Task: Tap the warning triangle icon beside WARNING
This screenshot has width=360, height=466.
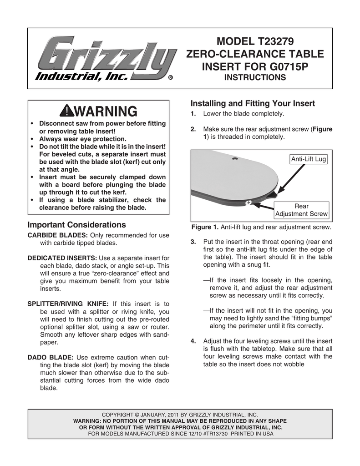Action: tap(65, 111)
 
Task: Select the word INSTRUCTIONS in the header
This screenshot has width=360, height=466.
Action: tap(255, 78)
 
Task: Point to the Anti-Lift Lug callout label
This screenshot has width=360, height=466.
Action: tap(309, 159)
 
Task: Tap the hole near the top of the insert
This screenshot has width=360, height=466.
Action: tap(234, 159)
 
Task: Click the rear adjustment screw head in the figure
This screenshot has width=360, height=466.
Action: tap(248, 202)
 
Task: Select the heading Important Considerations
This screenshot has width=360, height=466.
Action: tap(76, 225)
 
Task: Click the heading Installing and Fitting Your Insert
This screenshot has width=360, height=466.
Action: tap(253, 103)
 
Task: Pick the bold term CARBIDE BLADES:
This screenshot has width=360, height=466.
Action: tap(58, 235)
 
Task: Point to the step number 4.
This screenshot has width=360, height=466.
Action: tap(193, 341)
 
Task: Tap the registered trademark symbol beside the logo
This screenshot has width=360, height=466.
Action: tap(170, 78)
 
